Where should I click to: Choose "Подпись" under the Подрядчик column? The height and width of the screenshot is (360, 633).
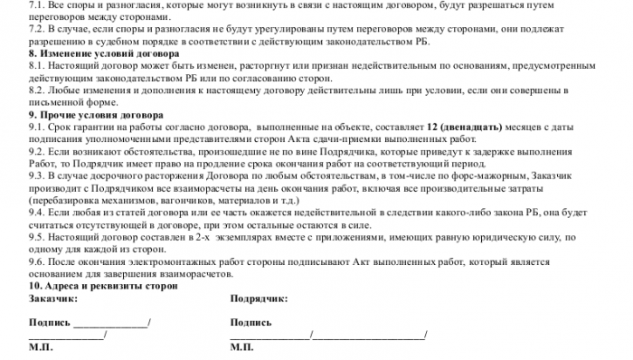(x=251, y=321)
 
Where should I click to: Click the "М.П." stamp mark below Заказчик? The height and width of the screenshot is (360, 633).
(x=42, y=346)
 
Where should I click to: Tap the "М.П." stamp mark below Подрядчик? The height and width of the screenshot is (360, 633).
(x=243, y=346)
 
